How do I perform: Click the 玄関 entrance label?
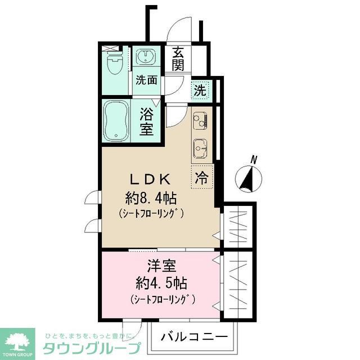178,58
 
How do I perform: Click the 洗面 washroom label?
146,80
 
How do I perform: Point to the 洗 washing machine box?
200,89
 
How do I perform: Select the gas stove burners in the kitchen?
200,119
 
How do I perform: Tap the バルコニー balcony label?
194,336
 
